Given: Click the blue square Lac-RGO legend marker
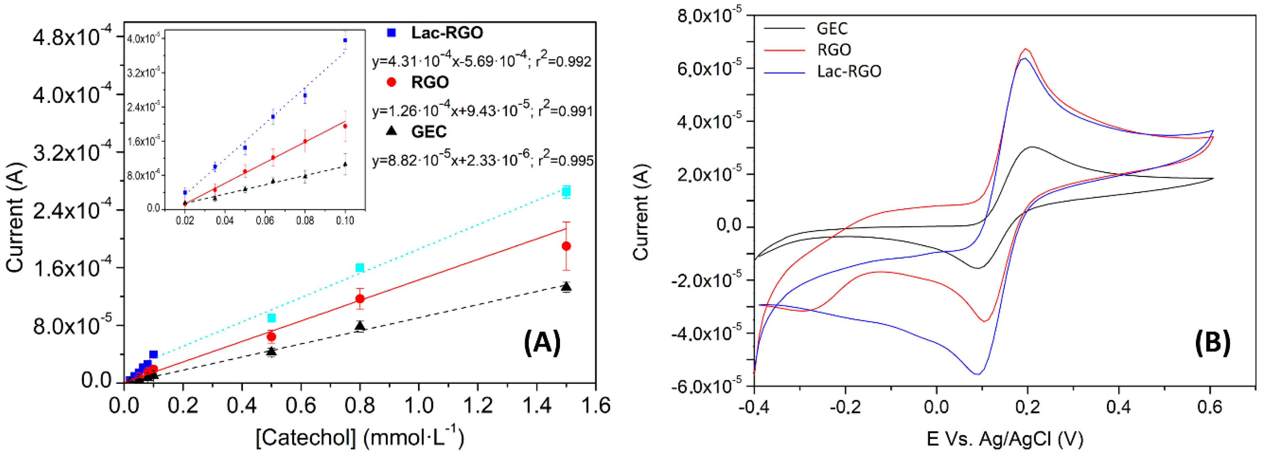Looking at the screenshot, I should point(392,33).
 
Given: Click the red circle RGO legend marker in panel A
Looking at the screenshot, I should point(392,82).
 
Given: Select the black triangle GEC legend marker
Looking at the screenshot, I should point(392,131).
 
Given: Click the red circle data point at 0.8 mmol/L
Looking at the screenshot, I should point(360,299).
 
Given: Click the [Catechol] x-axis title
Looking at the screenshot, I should point(360,437).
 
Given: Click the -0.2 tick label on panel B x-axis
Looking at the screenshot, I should point(845,408).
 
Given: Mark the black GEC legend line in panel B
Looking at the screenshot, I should point(784,29).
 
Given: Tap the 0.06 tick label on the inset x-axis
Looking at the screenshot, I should point(265,221).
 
